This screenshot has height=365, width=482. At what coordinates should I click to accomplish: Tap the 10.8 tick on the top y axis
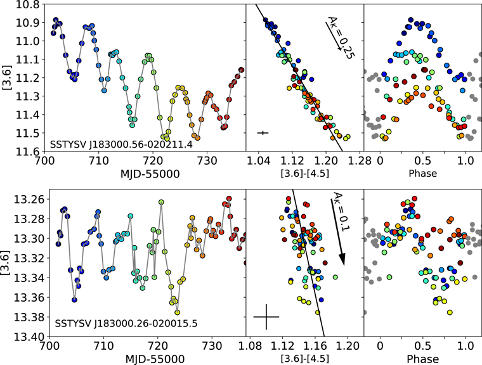pos(29,4)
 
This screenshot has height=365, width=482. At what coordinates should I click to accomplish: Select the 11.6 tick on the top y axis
pos(29,151)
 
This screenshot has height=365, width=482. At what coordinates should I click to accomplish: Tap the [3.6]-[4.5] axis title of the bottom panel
pos(304,359)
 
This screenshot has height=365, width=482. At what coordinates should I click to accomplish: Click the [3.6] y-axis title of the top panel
pos(8,77)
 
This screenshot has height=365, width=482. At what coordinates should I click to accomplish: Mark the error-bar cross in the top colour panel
pos(263,132)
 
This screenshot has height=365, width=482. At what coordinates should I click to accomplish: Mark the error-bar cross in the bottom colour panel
pos(266,316)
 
